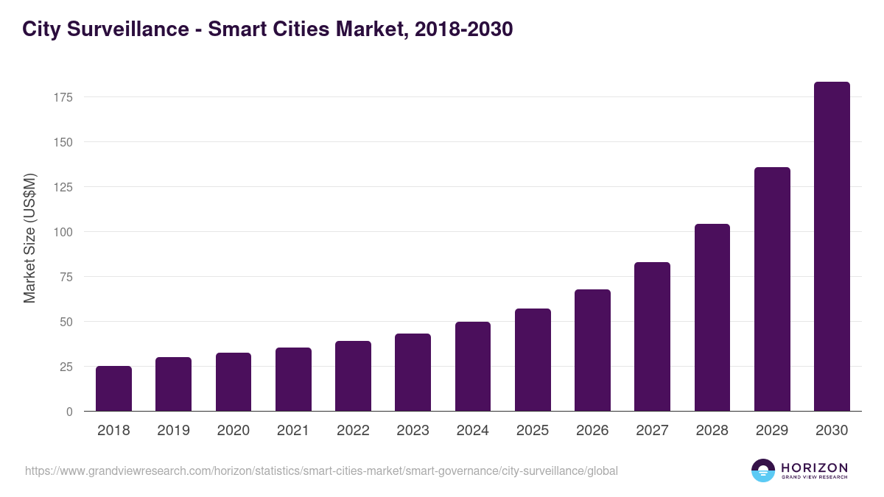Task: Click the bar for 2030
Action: click(832, 247)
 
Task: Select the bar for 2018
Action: click(113, 389)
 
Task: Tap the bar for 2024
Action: click(473, 367)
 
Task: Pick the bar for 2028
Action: click(712, 317)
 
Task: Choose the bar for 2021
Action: click(293, 379)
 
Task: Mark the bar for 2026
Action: click(592, 350)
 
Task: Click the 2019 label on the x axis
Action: click(173, 431)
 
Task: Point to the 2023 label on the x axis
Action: click(413, 431)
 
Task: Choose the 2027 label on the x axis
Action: click(652, 431)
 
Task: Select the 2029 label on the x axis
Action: click(772, 431)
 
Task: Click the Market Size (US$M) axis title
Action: click(29, 238)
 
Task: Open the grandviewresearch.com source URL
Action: click(321, 470)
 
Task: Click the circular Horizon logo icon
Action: click(762, 470)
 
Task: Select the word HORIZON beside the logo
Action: click(814, 467)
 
